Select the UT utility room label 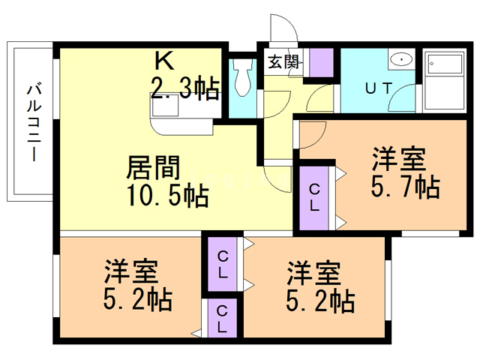click(378, 88)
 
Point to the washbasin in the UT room click(402, 59)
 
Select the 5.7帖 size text click(406, 187)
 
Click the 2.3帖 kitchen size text click(185, 90)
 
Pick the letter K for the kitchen click(164, 59)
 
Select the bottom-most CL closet click(222, 318)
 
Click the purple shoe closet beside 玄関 click(322, 61)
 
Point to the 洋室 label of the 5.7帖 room click(400, 158)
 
